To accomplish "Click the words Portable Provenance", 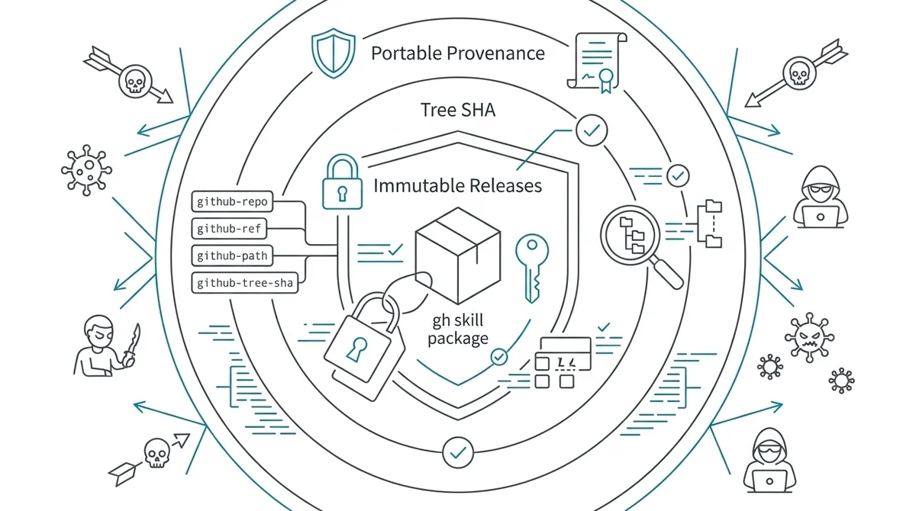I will pyautogui.click(x=457, y=53).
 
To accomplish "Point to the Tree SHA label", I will pyautogui.click(x=457, y=110).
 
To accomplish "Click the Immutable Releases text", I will pyautogui.click(x=457, y=185).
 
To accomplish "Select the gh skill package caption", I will pyautogui.click(x=458, y=329).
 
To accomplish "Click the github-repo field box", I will pyautogui.click(x=231, y=202).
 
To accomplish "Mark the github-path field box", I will pyautogui.click(x=230, y=255).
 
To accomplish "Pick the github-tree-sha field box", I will pyautogui.click(x=244, y=283).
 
